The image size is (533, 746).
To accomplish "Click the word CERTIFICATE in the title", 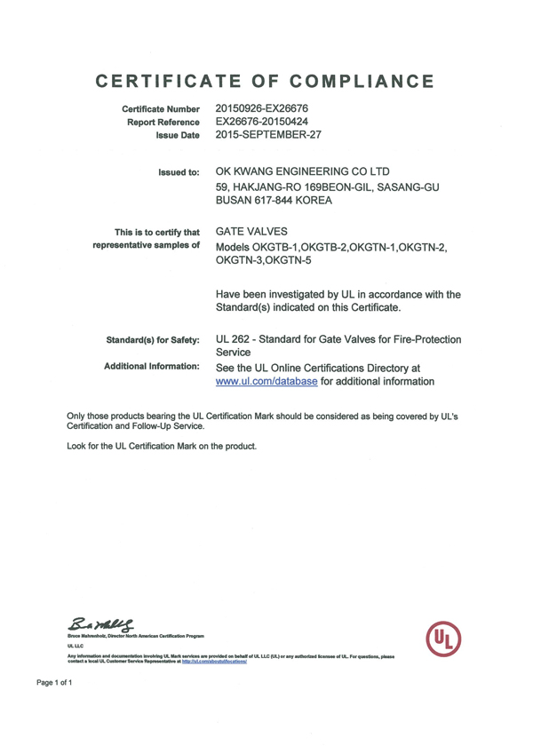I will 165,82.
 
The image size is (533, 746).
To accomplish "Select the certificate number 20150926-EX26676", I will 261,108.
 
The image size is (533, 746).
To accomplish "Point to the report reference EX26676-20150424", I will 263,122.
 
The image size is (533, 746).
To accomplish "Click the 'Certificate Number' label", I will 160,109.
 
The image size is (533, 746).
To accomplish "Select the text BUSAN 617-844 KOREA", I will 274,202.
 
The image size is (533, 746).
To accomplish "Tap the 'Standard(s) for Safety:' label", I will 153,339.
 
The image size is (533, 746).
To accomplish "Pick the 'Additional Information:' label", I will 153,366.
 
